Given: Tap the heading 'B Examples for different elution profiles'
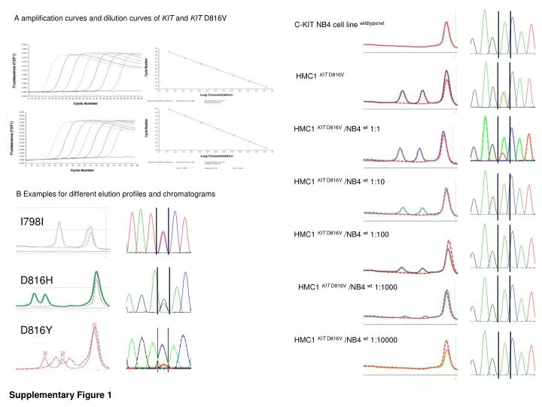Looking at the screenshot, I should [116, 194].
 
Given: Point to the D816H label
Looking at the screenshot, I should [36, 280].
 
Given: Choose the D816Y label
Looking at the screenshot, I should [36, 329].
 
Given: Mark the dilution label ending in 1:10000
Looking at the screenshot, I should [346, 340].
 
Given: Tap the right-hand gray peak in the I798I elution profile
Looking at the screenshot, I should [90, 233].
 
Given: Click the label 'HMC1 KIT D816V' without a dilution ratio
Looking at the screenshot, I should [321, 76].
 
